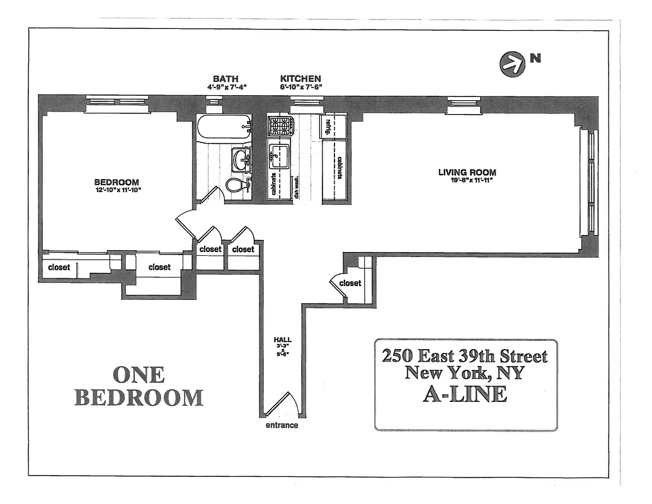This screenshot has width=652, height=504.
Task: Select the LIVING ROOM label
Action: [467, 173]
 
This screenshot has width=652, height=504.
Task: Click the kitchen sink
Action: [279, 154]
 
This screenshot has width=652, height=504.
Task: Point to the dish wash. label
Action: [297, 187]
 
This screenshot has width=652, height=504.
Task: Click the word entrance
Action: [282, 425]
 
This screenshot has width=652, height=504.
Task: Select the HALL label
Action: [282, 340]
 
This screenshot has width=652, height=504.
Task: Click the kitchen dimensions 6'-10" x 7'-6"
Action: [300, 87]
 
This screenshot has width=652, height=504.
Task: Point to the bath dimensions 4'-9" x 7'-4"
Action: [225, 87]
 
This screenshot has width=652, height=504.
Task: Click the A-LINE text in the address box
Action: [465, 394]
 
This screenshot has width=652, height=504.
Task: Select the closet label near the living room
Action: [350, 283]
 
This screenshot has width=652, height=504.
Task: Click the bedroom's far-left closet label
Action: [59, 267]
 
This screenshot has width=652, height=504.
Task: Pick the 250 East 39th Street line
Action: [465, 355]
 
